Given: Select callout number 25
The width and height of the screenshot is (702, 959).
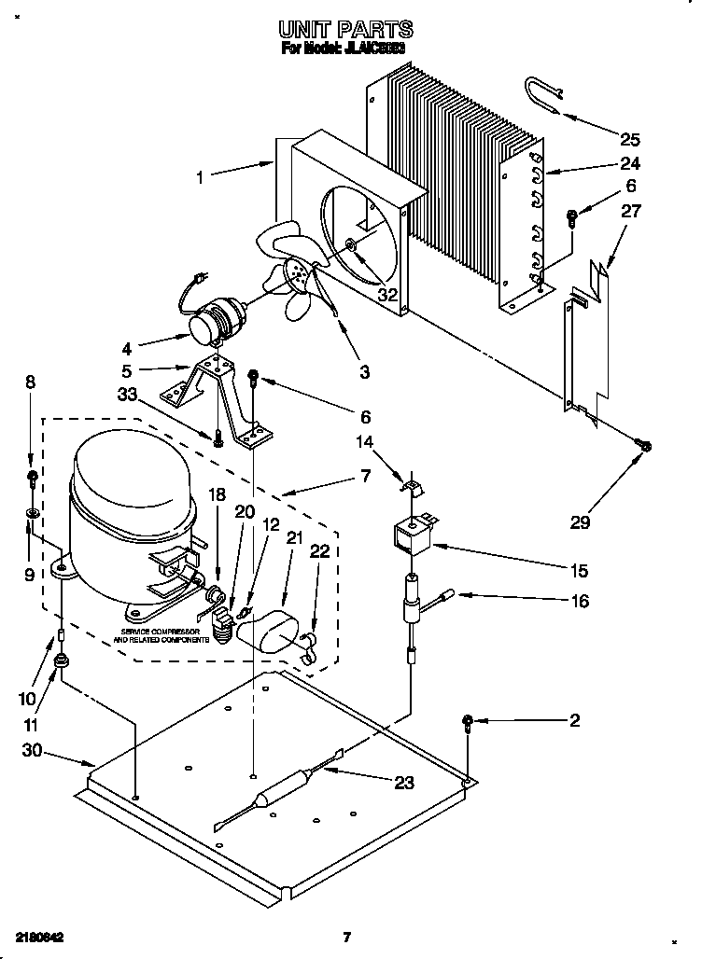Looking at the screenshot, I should [x=630, y=140].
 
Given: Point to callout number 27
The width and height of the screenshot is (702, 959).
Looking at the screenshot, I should [x=631, y=212].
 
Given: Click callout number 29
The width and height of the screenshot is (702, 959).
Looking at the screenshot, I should [x=580, y=521].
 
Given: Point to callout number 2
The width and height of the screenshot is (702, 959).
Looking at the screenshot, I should [x=575, y=720].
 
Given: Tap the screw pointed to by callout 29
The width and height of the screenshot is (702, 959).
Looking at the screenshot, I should [x=643, y=447].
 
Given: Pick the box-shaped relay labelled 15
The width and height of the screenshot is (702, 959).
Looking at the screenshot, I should [x=411, y=538].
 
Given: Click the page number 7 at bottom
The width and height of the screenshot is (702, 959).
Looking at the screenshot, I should [x=346, y=938].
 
